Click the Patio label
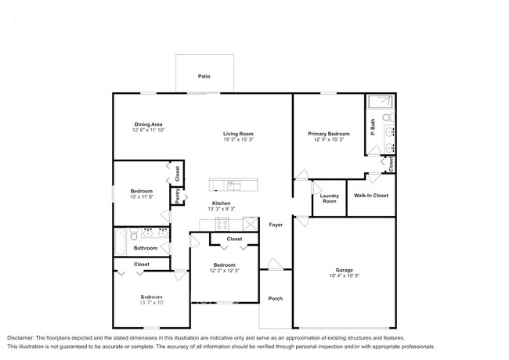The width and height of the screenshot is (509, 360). [x=204, y=77]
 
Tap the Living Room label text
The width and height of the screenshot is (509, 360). [x=238, y=134]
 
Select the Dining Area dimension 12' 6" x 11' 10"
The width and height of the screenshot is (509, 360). [x=148, y=131]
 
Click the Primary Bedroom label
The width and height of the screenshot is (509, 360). [x=328, y=134]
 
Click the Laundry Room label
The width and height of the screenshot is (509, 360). [x=329, y=199]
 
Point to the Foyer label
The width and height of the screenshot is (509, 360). [x=276, y=225]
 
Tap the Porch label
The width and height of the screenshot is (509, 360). [x=276, y=298]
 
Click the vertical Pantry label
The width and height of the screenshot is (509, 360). [x=178, y=196]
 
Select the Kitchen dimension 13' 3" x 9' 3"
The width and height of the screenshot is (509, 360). [x=220, y=209]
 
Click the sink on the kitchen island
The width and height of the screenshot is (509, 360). [x=233, y=185]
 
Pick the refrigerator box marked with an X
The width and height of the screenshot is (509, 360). [x=250, y=225]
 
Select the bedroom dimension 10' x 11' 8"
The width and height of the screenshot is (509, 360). [x=142, y=196]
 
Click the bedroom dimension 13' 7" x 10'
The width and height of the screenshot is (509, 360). [x=152, y=303]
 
